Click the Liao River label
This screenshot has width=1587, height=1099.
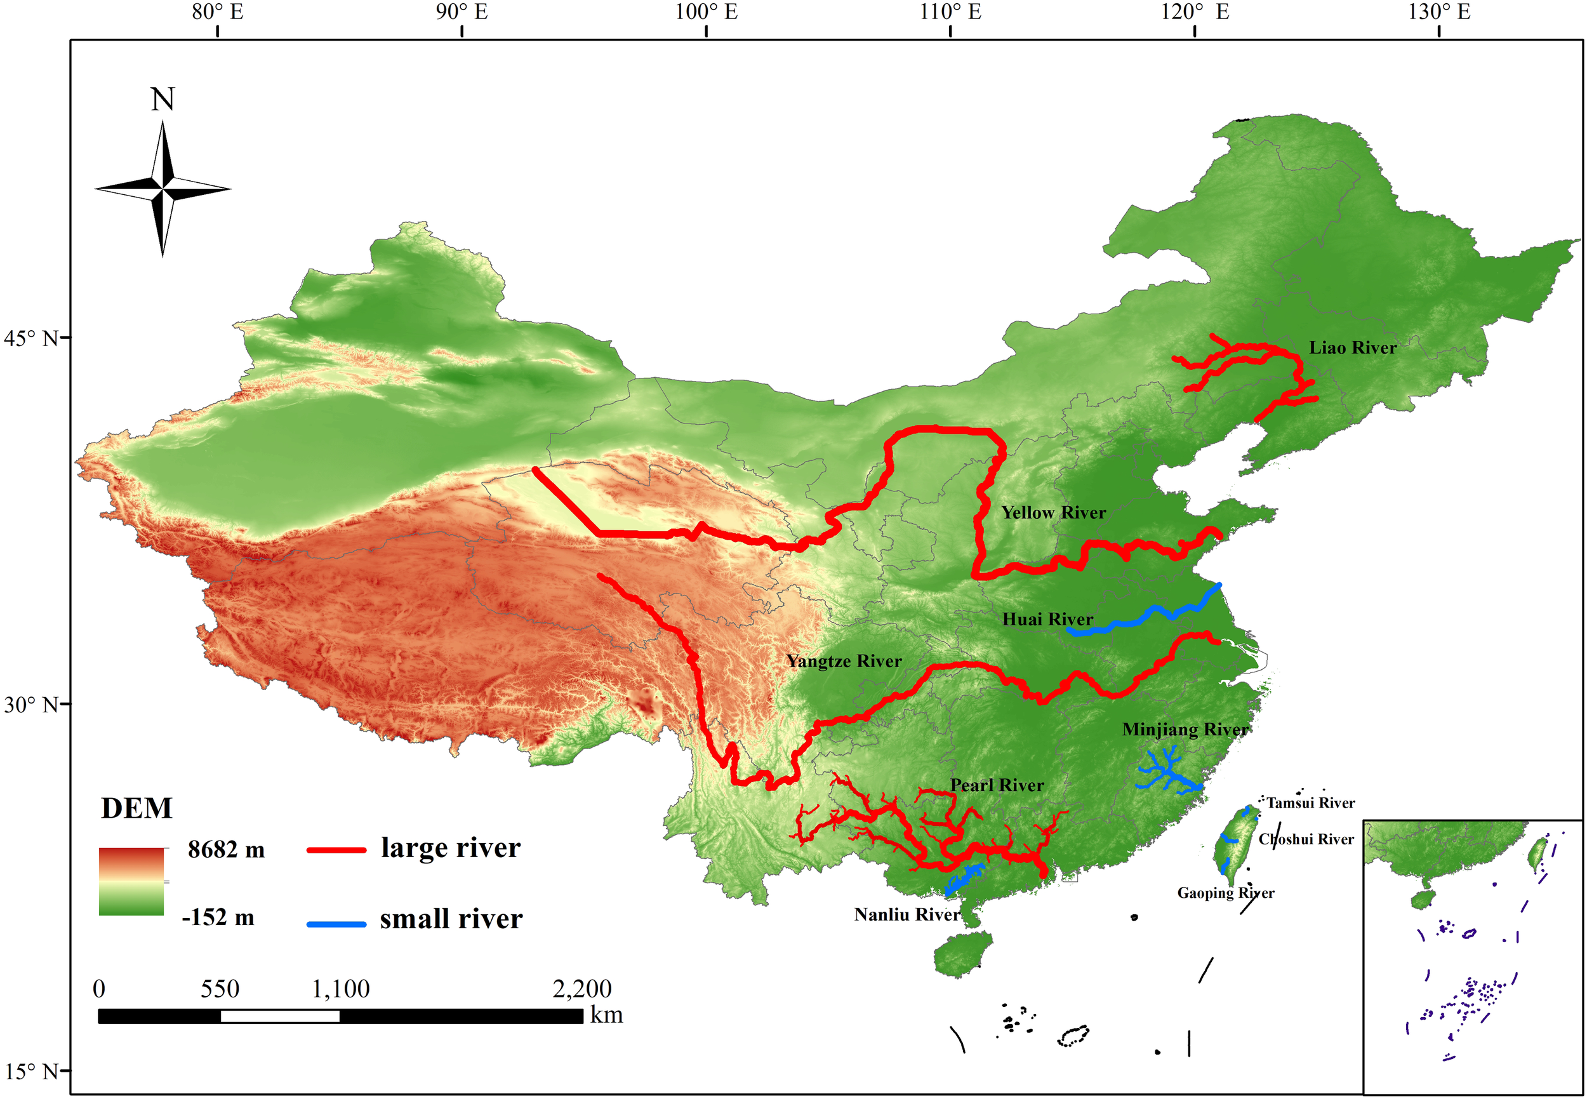pos(1352,348)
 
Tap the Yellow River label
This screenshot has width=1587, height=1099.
pos(1052,513)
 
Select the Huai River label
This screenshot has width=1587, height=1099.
pos(1047,620)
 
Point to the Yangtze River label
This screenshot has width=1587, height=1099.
pos(844,662)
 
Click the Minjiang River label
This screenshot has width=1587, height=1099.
pos(1185,730)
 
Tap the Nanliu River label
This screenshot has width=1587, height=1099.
pos(906,915)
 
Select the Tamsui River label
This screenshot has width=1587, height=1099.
pos(1310,803)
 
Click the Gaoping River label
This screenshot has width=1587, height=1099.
pos(1226,893)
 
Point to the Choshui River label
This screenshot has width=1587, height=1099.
pos(1306,839)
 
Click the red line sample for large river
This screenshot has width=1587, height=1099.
pos(336,850)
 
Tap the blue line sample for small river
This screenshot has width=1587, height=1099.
pos(336,924)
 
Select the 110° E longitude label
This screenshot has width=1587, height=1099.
pos(950,13)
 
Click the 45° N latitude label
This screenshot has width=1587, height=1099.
pos(31,339)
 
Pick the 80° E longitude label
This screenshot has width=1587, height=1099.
pos(218,13)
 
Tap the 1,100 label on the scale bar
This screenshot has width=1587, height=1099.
pos(341,990)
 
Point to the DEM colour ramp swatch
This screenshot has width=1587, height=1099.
pos(131,881)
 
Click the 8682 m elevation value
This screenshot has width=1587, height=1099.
pos(226,850)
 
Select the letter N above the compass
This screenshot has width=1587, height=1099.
pos(163,100)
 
